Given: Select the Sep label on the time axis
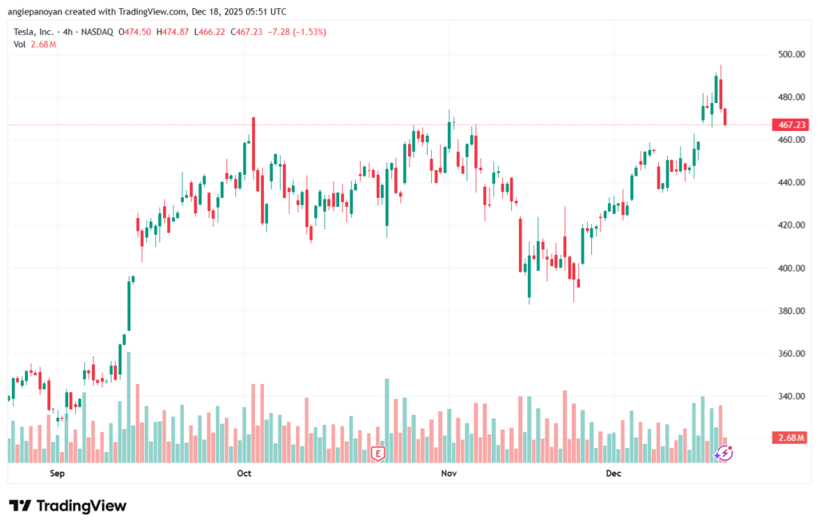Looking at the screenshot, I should [x=56, y=474].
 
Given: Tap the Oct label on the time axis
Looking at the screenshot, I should [x=244, y=474].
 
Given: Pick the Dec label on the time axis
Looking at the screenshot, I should [x=613, y=474].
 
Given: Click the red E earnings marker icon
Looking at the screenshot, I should [x=378, y=454].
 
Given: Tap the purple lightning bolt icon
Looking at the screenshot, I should [x=724, y=453].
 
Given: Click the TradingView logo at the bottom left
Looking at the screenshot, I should [x=67, y=506].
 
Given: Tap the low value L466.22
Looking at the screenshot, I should [x=210, y=32].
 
